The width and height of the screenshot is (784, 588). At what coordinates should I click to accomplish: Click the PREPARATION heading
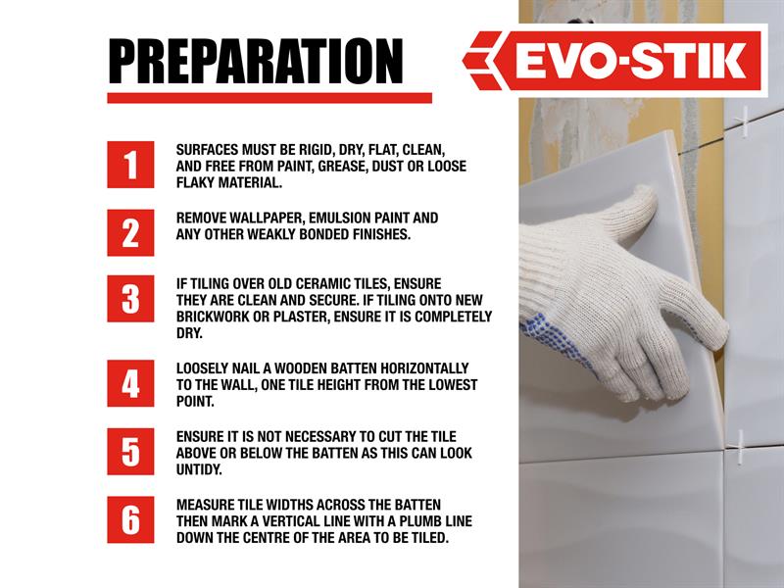256,62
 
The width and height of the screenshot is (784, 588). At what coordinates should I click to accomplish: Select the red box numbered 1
130,165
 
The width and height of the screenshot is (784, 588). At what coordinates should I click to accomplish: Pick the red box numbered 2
130,232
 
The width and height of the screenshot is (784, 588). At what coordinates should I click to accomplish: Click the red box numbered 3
130,299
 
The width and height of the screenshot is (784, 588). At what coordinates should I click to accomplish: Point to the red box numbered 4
130,383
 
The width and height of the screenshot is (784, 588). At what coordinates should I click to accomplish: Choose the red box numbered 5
130,452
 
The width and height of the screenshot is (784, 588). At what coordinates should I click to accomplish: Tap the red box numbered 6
130,519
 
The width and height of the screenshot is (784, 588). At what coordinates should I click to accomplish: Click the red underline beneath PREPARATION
269,98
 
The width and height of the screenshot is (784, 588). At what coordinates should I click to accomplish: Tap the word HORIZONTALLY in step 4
424,368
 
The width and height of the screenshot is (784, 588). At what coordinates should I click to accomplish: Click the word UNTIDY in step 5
199,469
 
